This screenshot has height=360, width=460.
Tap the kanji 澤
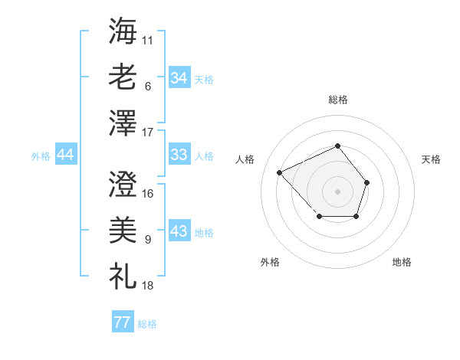123,123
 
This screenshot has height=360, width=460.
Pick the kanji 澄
123,185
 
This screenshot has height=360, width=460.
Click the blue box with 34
179,78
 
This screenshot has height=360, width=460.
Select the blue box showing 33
179,155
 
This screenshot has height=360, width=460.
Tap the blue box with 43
179,231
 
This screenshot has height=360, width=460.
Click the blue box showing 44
65,155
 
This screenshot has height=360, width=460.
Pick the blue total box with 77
122,322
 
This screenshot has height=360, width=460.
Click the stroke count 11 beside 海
148,38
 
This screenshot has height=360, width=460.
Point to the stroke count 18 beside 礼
148,286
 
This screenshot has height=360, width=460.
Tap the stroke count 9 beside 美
147,240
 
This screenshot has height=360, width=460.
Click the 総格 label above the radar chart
338,100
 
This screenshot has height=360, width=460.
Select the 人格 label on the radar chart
245,159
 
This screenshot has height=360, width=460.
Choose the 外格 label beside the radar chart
270,262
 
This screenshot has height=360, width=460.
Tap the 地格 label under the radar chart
402,262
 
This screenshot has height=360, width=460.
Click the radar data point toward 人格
281,172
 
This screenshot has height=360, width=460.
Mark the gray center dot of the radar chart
337,191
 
